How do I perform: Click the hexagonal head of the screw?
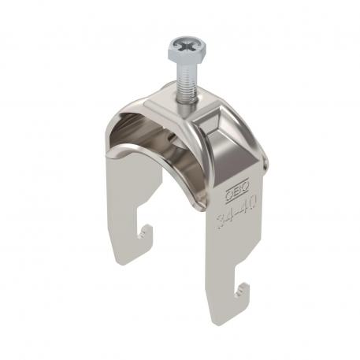pos(180,54)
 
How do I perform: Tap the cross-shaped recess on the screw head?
pos(180,49)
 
